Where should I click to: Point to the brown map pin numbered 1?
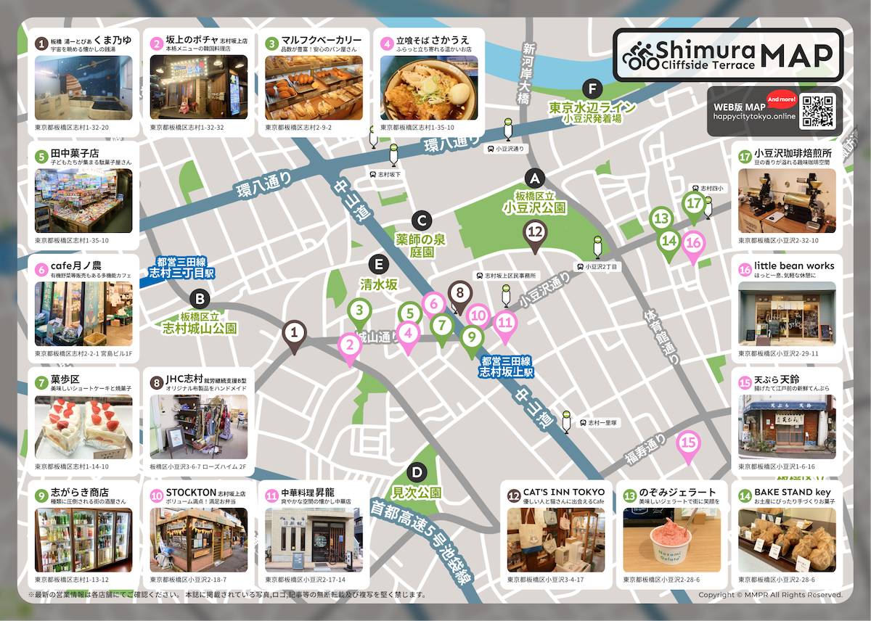(x=294, y=334)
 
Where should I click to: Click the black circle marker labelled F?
(x=594, y=89)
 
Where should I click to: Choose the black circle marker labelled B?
(x=200, y=298)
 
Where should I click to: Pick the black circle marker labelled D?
(x=416, y=472)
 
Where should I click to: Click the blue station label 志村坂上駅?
(x=506, y=366)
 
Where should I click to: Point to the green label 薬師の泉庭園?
(x=425, y=245)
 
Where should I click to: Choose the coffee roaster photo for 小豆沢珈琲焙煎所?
(x=787, y=201)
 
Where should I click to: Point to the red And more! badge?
(x=782, y=99)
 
